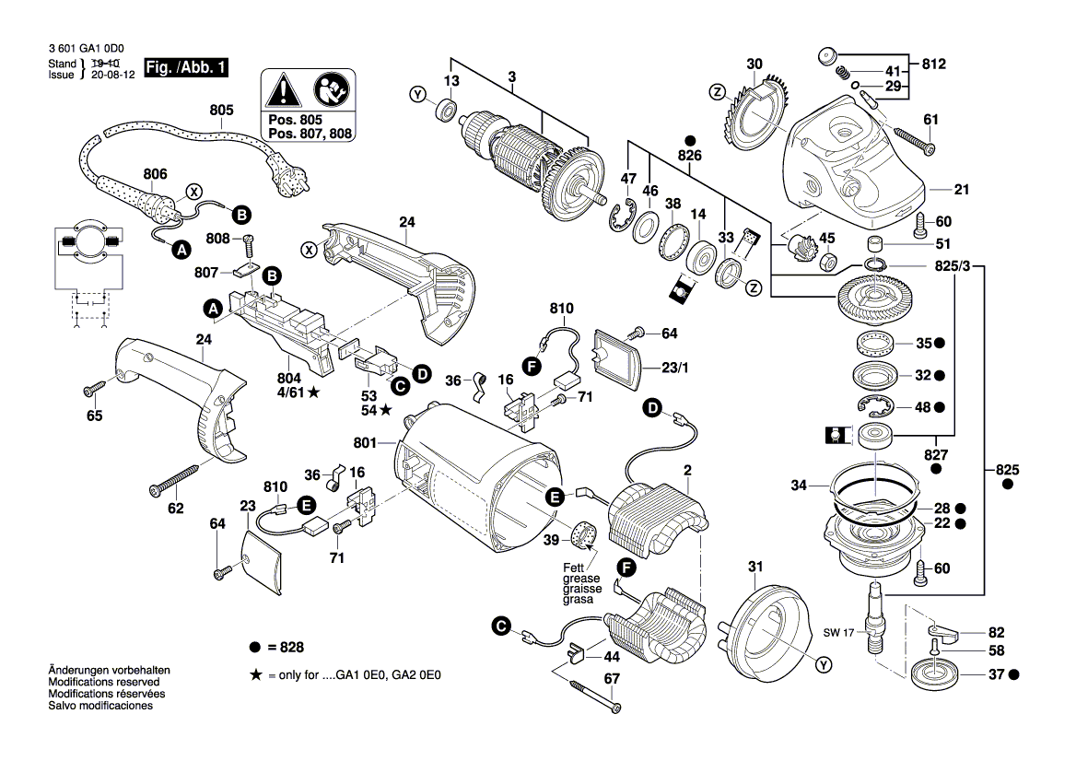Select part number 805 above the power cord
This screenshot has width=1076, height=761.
[221, 110]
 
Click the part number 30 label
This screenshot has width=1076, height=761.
[754, 64]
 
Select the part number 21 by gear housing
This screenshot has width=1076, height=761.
[962, 190]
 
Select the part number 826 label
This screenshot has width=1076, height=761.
[689, 157]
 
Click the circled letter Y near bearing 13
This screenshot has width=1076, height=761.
[418, 95]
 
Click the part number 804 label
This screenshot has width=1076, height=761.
[289, 379]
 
